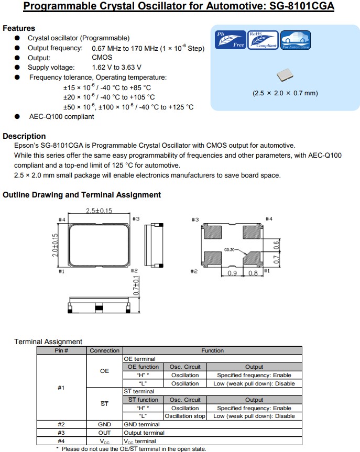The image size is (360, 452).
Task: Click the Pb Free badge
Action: [231, 40]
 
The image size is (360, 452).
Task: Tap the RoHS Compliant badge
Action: [263, 40]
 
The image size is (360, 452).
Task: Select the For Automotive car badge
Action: [296, 40]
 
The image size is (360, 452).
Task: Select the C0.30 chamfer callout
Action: [231, 250]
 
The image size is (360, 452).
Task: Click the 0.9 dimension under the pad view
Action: [233, 273]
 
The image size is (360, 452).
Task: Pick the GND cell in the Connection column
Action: [104, 424]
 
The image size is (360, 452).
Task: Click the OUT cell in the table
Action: [104, 433]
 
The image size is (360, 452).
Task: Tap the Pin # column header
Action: [62, 350]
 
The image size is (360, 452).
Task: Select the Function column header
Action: [212, 350]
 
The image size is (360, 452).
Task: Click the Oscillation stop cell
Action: [185, 416]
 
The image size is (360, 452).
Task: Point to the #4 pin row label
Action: [62, 441]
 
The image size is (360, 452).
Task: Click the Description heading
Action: [24, 136]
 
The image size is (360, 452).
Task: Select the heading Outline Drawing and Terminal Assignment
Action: [82, 195]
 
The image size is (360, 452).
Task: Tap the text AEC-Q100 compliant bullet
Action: [61, 117]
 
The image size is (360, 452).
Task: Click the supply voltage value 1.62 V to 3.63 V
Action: [116, 68]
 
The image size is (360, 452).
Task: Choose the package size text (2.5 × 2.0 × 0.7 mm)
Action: [285, 93]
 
